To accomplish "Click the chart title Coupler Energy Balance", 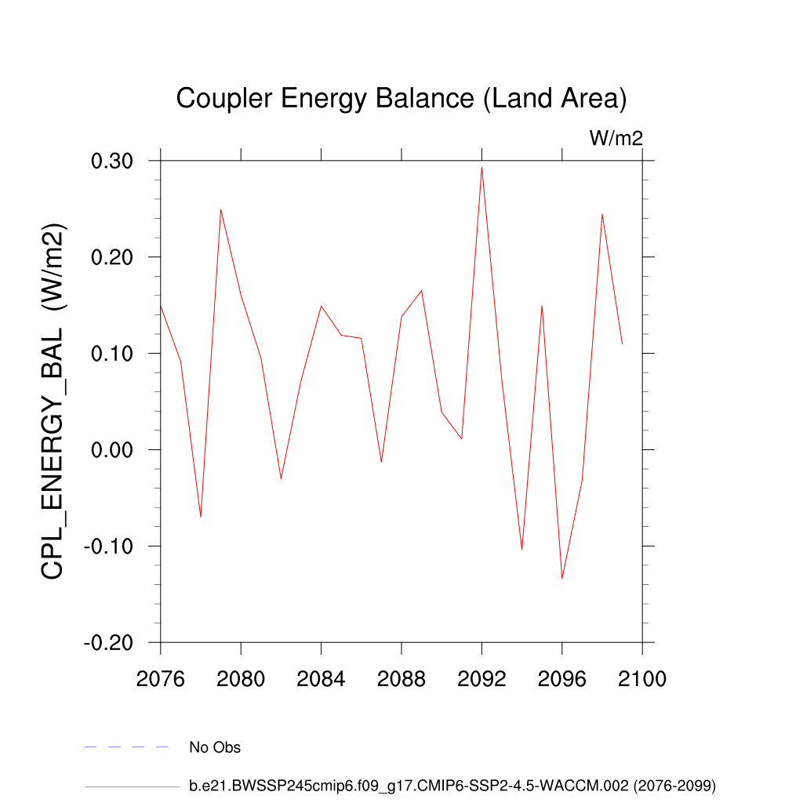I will [401, 100].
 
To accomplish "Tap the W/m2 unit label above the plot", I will [616, 139].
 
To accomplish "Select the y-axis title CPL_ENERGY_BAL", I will [53, 401].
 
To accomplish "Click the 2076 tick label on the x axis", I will [160, 679].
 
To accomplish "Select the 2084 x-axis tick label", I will [321, 679].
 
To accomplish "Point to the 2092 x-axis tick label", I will [481, 679].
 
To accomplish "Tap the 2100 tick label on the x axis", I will [642, 679].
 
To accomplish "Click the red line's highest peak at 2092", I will [481, 167].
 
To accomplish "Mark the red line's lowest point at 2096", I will [562, 579].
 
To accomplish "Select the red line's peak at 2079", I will [220, 209].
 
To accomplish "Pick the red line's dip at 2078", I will [201, 517].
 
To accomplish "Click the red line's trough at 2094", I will [521, 550].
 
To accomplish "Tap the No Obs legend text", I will [215, 747].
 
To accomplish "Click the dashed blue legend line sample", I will [127, 747].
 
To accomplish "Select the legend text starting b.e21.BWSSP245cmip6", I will [452, 785].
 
